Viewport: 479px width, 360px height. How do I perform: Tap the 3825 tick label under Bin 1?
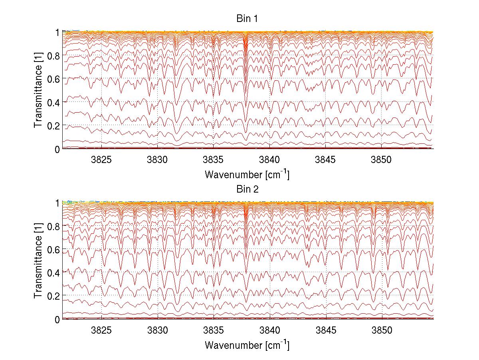point(101,160)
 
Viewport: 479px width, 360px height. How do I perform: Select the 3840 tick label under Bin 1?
point(270,160)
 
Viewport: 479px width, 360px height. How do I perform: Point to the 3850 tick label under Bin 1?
point(382,160)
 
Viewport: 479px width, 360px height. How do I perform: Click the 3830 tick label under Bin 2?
point(158,330)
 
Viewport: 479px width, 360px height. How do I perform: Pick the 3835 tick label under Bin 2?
point(214,330)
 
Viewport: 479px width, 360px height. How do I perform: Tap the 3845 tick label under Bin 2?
point(326,330)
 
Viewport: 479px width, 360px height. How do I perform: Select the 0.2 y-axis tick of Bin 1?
point(53,125)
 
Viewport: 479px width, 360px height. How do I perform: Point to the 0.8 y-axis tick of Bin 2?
point(53,226)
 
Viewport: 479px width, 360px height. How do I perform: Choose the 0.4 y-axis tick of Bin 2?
point(53,272)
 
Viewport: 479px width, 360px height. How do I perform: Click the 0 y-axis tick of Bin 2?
point(57,319)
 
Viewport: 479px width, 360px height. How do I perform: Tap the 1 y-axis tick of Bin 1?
point(57,32)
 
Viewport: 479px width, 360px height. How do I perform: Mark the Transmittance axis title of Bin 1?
point(38,90)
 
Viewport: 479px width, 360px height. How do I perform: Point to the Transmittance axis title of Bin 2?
point(38,261)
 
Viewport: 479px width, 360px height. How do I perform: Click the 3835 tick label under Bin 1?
point(214,160)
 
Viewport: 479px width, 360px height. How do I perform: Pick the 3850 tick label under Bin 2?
point(382,330)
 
